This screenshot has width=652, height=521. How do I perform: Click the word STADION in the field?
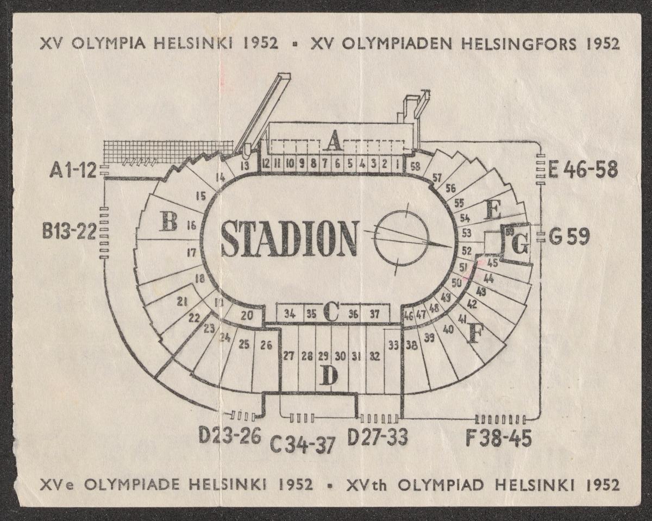[x=289, y=239]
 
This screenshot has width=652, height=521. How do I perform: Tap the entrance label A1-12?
[x=72, y=171]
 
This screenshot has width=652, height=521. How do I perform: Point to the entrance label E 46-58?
[x=582, y=170]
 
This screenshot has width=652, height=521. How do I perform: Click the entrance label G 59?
[x=569, y=237]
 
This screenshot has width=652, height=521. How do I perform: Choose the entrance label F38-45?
[x=498, y=438]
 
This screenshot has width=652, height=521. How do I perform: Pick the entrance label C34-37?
[x=303, y=445]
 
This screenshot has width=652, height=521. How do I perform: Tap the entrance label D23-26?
[x=230, y=435]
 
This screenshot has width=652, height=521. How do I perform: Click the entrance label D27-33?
[x=378, y=437]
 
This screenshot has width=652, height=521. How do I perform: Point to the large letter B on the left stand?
[x=168, y=222]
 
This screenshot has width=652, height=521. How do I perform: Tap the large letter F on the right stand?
[x=474, y=334]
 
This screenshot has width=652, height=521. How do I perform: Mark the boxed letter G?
[x=519, y=246]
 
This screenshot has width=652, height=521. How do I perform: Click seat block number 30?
[x=340, y=356]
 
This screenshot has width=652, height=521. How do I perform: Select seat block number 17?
[x=191, y=252]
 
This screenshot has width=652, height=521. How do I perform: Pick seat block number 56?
[x=450, y=189]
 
